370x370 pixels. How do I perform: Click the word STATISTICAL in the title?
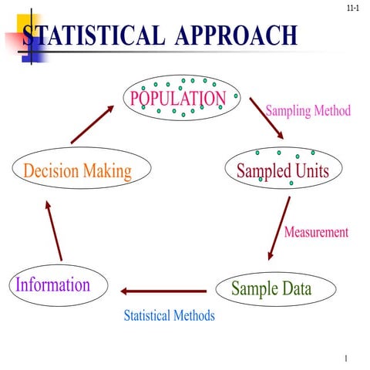pyautogui.click(x=93, y=35)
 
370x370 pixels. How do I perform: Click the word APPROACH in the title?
pyautogui.click(x=236, y=35)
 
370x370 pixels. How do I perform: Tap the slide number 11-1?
pyautogui.click(x=353, y=8)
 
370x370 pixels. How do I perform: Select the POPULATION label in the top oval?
pyautogui.click(x=178, y=98)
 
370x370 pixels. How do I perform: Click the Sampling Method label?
pyautogui.click(x=308, y=110)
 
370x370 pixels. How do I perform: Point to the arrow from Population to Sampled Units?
pyautogui.click(x=267, y=119)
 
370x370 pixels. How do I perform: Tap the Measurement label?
pyautogui.click(x=316, y=232)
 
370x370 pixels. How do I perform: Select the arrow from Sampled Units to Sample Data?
pyautogui.click(x=279, y=228)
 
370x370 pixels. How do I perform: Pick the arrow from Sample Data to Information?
pyautogui.click(x=163, y=291)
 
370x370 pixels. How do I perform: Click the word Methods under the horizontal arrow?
pyautogui.click(x=194, y=315)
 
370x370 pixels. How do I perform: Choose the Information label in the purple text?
pyautogui.click(x=53, y=284)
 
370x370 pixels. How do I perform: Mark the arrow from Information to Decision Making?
pyautogui.click(x=54, y=231)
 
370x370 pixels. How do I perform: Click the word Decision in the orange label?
pyautogui.click(x=51, y=170)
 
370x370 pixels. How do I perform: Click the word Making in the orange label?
pyautogui.click(x=108, y=171)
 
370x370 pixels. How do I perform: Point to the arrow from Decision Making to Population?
pyautogui.click(x=92, y=124)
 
